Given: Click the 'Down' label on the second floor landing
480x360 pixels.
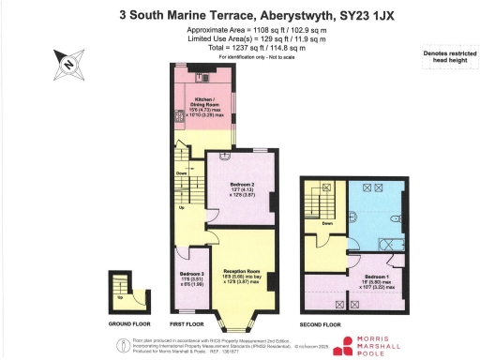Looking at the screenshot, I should pos(327,223).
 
